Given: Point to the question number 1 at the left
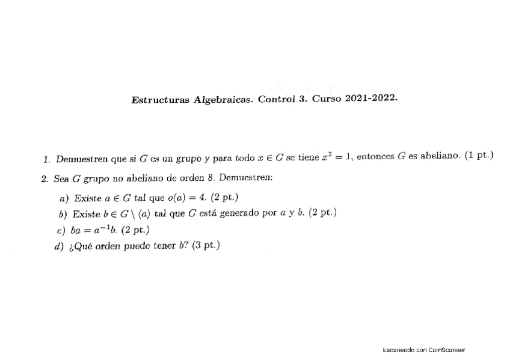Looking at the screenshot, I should [46, 159].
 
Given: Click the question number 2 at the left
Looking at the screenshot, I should [45, 178].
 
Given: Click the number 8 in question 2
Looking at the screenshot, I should [214, 178].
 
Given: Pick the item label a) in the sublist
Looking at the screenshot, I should [63, 198].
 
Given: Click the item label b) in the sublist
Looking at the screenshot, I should [63, 214].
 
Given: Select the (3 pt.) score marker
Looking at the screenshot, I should [206, 246].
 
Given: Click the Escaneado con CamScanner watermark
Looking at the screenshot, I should [423, 350].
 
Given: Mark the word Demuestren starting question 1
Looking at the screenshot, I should [82, 159].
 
